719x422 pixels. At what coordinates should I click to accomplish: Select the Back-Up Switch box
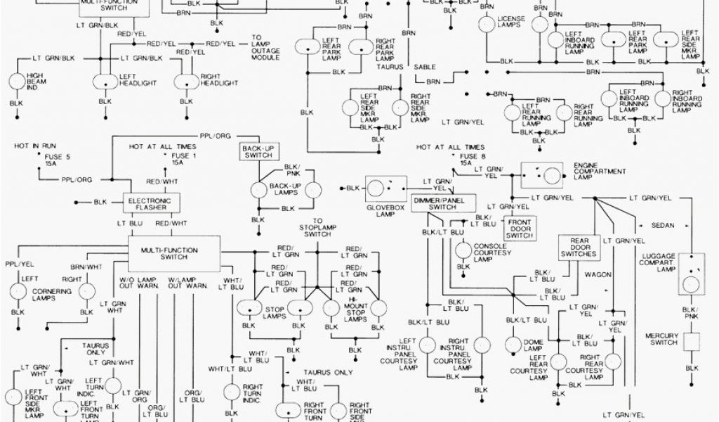[258, 152]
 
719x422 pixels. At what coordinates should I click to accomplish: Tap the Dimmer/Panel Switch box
[443, 203]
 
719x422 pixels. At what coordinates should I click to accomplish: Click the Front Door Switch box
[520, 229]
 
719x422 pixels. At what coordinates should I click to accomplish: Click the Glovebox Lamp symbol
[383, 188]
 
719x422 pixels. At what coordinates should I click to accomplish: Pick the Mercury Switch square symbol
[692, 343]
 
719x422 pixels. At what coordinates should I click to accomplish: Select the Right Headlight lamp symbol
[187, 84]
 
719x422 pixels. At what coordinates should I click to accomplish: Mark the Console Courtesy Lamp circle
[462, 250]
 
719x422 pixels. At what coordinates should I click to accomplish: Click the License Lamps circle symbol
[486, 23]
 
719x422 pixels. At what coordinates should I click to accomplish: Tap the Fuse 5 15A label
[48, 160]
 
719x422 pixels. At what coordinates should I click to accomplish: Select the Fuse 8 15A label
[466, 160]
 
